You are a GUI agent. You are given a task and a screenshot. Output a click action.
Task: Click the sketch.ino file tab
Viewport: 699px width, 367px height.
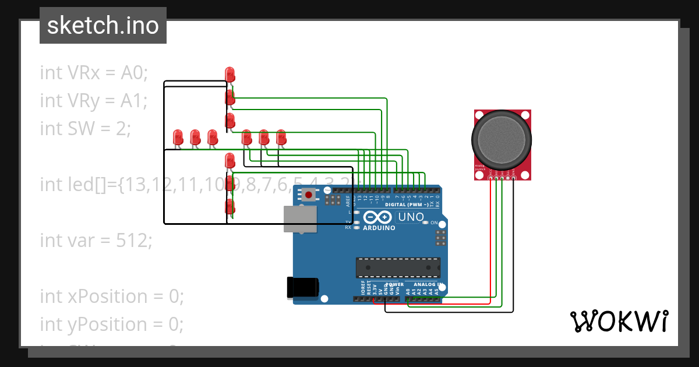point(103,26)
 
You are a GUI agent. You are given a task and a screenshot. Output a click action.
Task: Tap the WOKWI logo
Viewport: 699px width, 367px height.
point(619,321)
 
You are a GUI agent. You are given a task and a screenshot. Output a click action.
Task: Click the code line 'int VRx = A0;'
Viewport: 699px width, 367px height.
point(94,73)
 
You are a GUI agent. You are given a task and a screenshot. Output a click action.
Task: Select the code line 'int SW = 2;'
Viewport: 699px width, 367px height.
point(86,128)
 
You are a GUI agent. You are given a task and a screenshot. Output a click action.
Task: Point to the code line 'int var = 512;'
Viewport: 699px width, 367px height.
point(96,240)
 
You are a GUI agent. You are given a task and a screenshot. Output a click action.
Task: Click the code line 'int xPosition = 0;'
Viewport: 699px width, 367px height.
point(112,296)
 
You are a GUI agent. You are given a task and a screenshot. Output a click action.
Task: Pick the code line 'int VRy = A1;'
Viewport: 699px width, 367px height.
point(94,101)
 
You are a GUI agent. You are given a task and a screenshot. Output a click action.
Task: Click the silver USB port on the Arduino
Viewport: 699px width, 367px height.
point(300,219)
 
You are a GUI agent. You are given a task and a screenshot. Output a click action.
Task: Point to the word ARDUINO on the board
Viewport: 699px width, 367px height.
point(379,228)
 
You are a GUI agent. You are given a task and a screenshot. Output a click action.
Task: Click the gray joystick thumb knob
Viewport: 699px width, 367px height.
point(501,137)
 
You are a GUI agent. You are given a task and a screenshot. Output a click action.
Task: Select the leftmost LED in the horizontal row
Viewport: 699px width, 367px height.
point(178,137)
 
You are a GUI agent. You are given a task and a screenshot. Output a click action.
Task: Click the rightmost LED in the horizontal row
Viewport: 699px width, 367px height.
point(281,137)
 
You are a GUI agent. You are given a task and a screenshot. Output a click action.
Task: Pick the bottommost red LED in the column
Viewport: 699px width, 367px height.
point(230,207)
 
